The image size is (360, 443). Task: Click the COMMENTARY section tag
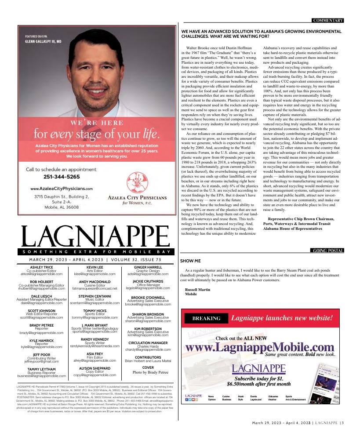coord(327,20)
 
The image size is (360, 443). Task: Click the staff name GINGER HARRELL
coord(148,267)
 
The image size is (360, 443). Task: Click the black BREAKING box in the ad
coord(204,318)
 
